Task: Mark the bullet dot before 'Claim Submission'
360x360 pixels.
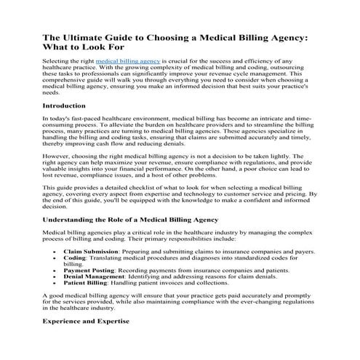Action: point(56,250)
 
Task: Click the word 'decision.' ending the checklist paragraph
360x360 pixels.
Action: point(58,207)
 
